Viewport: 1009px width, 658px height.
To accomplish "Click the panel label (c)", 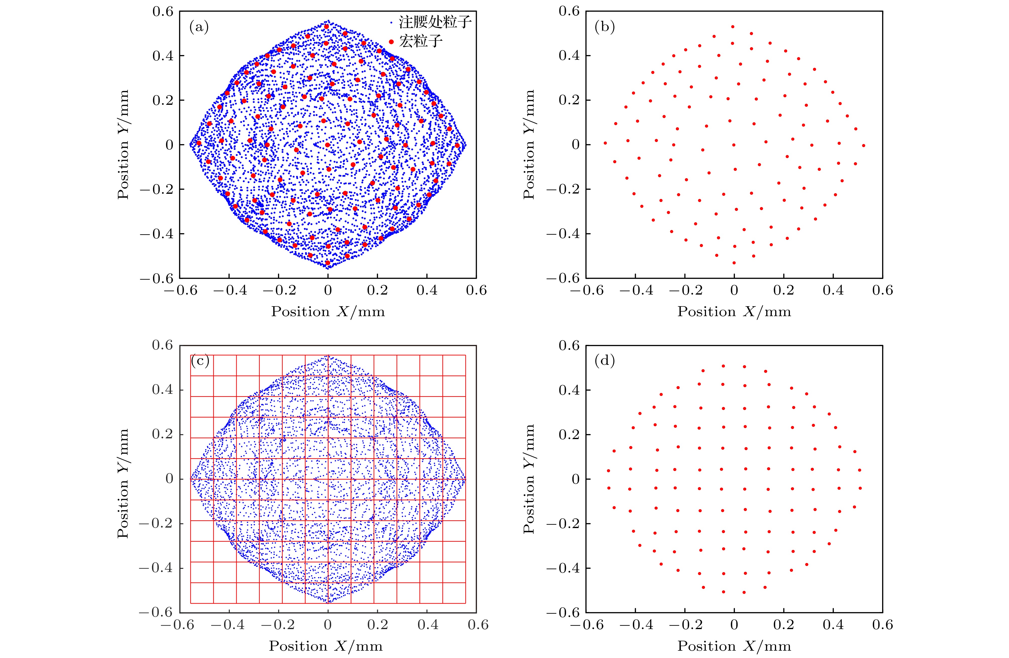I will pos(200,361).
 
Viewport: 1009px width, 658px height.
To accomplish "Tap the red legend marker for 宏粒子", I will pos(391,41).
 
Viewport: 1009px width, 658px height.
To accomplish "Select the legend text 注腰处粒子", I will pos(435,22).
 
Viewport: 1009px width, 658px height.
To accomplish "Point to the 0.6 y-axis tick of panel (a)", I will pos(163,12).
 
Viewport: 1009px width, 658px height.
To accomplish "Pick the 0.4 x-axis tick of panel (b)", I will pos(833,290).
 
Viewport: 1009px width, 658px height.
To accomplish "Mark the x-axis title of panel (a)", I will pos(328,312).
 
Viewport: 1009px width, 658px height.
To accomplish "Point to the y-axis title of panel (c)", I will pos(123,483).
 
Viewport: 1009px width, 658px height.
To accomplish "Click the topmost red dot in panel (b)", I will pos(733,27).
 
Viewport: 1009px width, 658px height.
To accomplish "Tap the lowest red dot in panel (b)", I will pos(734,263).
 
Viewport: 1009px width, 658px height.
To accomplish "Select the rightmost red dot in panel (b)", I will pos(863,146).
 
